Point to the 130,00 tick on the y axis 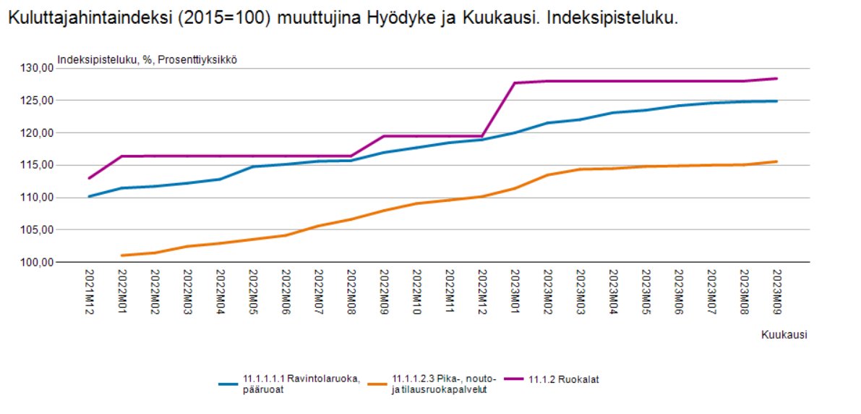[38, 68]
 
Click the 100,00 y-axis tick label [38, 262]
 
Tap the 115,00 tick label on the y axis [38, 165]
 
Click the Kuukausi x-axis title [784, 334]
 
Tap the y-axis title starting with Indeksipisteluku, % [147, 59]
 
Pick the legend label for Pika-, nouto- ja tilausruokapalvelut [438, 383]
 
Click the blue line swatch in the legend [228, 383]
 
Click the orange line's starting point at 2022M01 [121, 255]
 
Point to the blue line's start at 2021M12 [89, 196]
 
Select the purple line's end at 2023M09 [777, 78]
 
